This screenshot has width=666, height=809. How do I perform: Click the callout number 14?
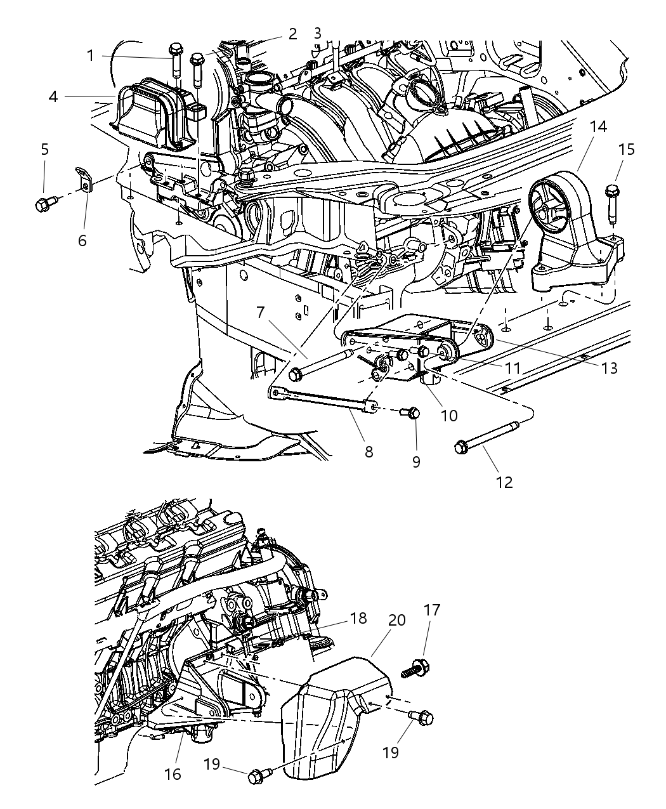point(597,127)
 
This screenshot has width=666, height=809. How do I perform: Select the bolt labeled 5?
point(46,204)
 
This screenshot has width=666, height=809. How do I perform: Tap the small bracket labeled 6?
point(84,179)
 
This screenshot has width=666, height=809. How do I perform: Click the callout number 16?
point(173,773)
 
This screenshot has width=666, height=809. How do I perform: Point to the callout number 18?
point(358,618)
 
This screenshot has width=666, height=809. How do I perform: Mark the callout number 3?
point(317,33)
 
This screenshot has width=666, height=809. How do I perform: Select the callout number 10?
point(448,416)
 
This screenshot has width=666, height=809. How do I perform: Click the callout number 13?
point(609,368)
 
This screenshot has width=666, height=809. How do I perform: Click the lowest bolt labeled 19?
point(259,775)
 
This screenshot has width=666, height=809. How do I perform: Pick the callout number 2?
point(292,33)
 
